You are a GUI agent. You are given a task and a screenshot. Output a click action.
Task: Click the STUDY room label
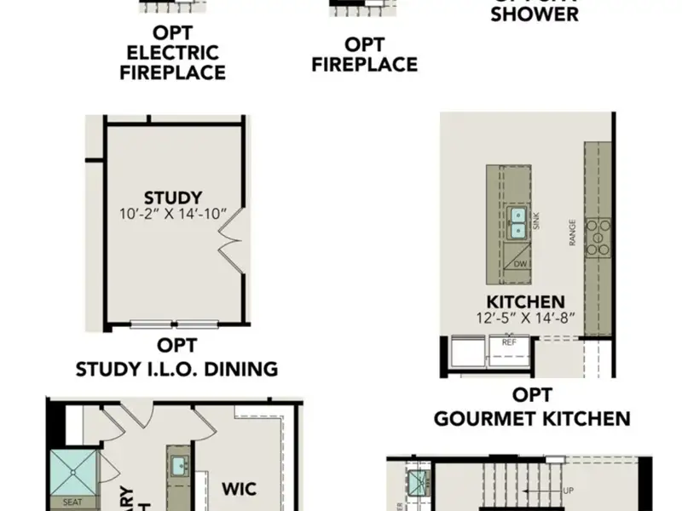point(173,198)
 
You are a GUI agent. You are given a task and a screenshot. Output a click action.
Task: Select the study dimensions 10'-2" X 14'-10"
point(173,214)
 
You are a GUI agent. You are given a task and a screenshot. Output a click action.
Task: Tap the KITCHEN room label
point(525,301)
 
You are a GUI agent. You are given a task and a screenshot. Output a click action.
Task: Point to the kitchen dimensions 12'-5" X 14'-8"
point(525,318)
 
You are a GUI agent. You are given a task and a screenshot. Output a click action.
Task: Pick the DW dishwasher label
point(520,264)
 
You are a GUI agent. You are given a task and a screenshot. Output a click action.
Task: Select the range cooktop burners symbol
point(599,233)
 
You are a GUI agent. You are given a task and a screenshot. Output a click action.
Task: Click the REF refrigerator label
point(509,342)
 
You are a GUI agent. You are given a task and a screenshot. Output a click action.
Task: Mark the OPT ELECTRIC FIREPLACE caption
point(173,53)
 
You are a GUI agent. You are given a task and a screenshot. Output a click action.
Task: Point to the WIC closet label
point(240,490)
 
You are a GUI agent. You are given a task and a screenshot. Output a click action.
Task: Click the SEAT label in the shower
point(73,502)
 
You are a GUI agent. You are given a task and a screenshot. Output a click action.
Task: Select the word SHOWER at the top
point(535,14)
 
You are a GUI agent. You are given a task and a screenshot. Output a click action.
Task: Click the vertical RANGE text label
point(573,233)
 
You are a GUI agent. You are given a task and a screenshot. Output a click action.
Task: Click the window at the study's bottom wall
point(174,324)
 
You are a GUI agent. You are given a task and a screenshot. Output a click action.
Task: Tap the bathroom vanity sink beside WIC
point(179,466)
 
